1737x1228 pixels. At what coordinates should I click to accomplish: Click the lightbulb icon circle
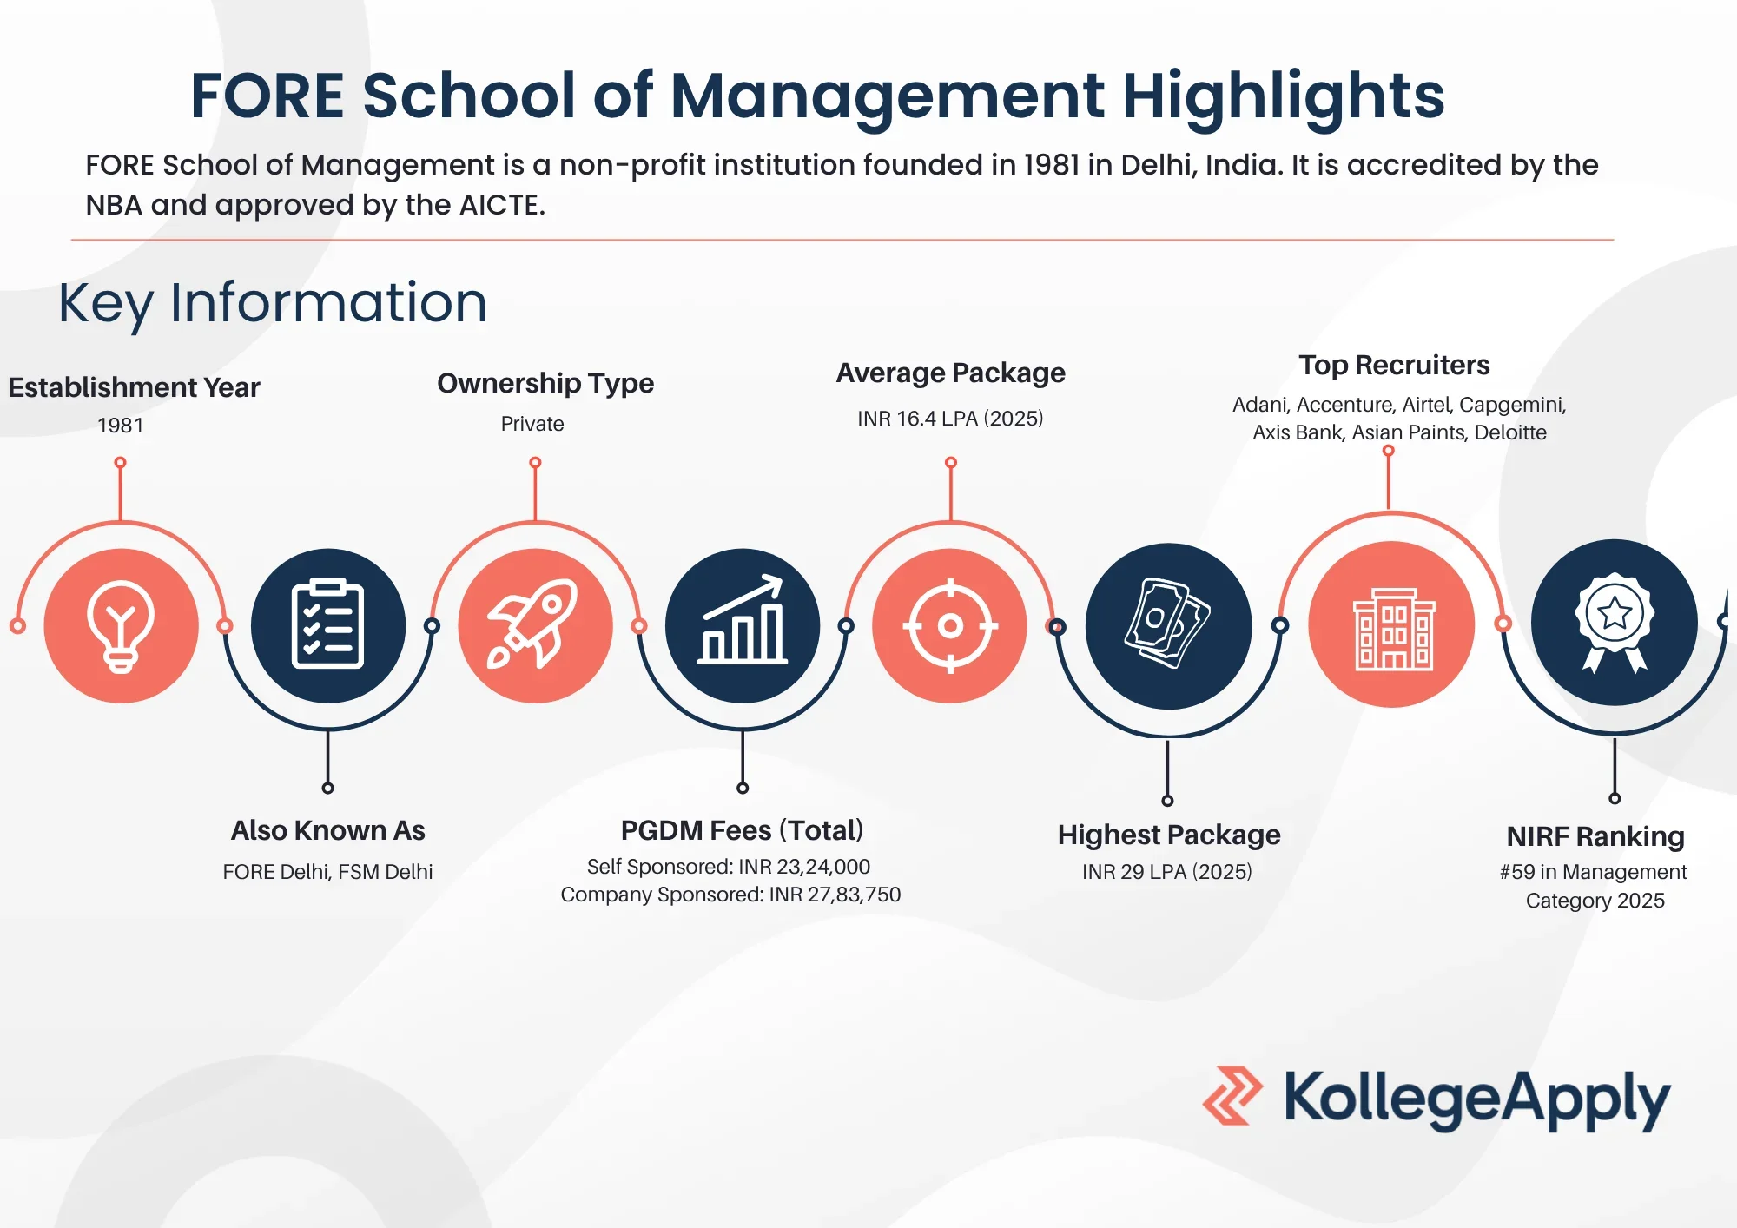click(121, 625)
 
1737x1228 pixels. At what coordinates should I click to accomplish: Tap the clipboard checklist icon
click(328, 625)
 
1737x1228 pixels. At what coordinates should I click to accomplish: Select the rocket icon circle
click(535, 625)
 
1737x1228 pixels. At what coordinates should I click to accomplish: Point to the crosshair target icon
click(950, 625)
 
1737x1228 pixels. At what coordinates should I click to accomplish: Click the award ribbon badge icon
click(1615, 622)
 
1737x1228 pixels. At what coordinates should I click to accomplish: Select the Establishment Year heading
click(134, 387)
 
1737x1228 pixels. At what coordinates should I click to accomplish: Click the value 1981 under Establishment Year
click(120, 426)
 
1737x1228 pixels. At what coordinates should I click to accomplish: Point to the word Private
click(532, 424)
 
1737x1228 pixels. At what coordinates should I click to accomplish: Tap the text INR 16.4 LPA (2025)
click(950, 419)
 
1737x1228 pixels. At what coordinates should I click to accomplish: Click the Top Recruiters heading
click(1394, 366)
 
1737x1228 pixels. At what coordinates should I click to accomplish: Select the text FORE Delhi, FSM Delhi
click(327, 872)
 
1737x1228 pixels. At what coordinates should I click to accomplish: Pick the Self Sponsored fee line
click(729, 867)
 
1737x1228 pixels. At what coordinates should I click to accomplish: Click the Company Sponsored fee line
click(730, 895)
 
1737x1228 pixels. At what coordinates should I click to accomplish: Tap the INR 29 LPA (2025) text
click(1167, 872)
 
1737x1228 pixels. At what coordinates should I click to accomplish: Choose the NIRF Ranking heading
click(1595, 836)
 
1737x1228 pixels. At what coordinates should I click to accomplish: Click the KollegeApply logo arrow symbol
click(1232, 1096)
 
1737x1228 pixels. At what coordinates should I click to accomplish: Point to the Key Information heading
click(273, 303)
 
